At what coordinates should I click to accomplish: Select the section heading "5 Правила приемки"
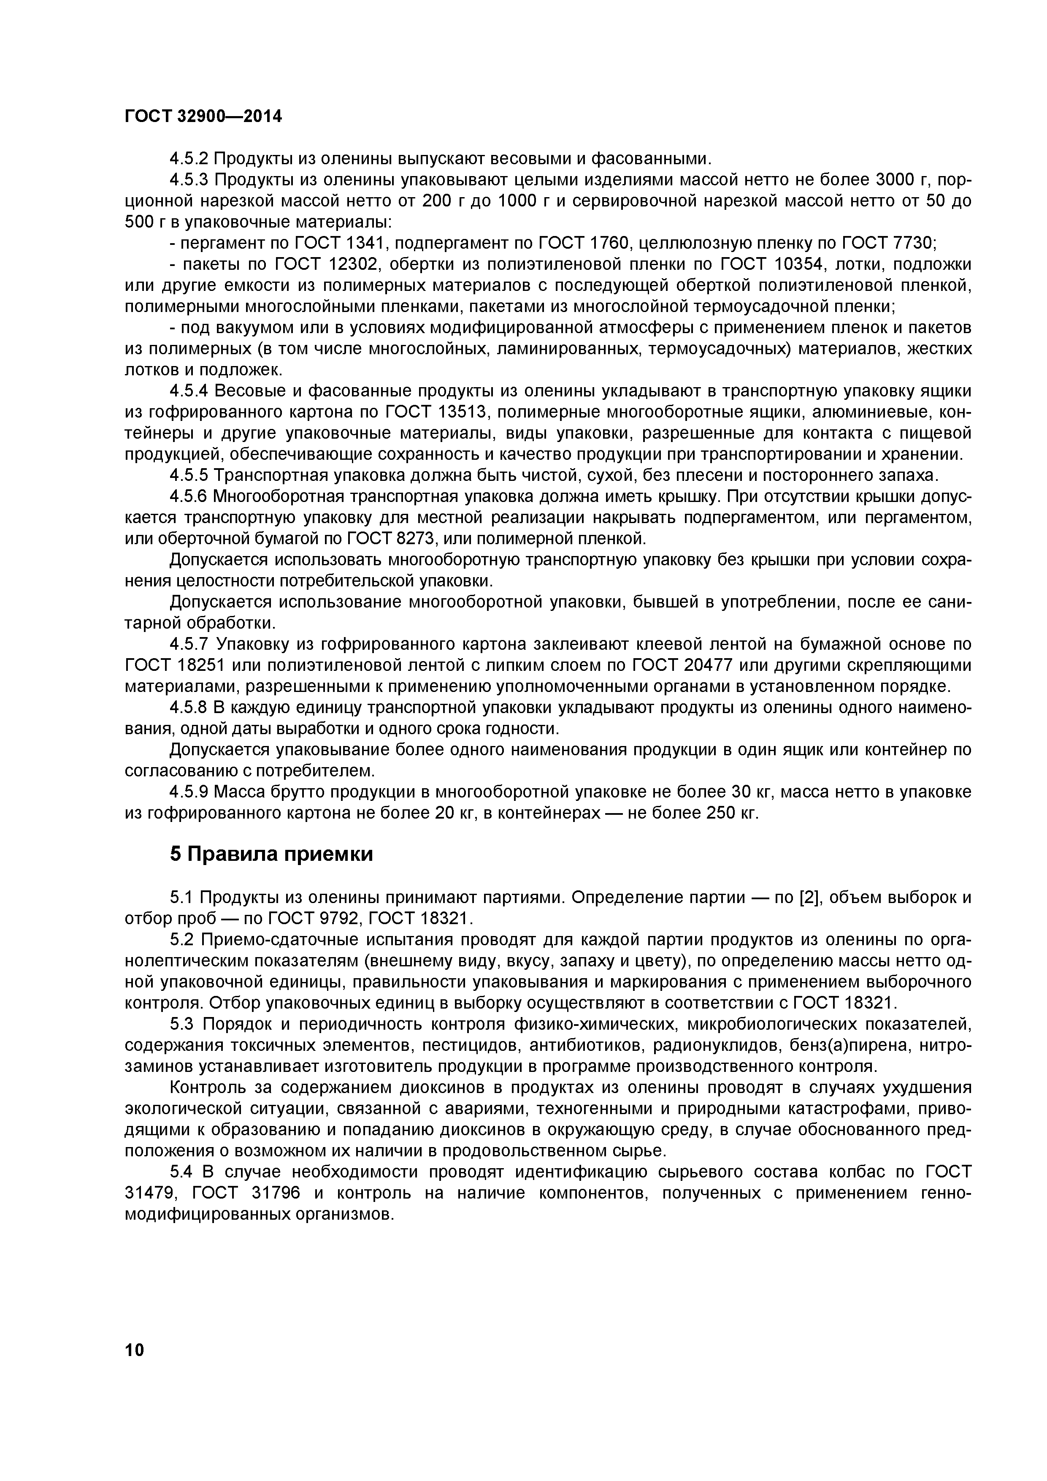(x=271, y=854)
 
